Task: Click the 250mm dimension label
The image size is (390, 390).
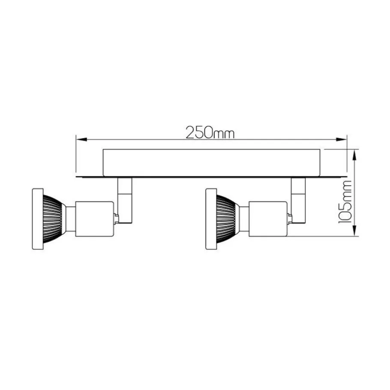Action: tap(210, 132)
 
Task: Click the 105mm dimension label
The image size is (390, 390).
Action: tap(345, 202)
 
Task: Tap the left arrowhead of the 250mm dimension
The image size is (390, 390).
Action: tap(81, 140)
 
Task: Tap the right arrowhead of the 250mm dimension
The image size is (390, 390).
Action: tap(341, 140)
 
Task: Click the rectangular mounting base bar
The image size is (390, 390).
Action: tap(211, 163)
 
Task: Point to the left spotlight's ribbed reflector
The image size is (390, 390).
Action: tap(52, 219)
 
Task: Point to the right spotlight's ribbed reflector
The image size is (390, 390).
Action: tap(226, 219)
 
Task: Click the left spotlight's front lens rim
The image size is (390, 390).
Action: tap(38, 219)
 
